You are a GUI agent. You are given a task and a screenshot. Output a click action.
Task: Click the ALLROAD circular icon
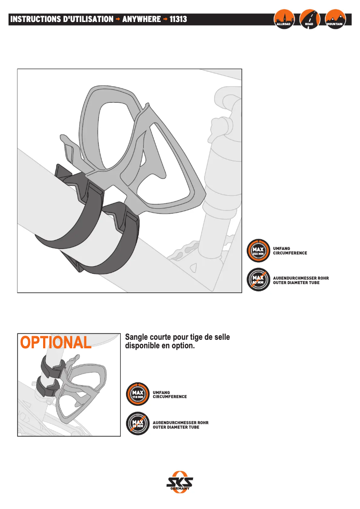[284, 19]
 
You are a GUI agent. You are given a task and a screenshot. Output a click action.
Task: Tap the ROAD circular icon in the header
[309, 19]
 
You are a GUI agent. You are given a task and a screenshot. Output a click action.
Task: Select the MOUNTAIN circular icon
[335, 19]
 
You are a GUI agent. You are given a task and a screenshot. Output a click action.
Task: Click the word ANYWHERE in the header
[141, 19]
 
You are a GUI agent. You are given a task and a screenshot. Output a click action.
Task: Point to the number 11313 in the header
[178, 19]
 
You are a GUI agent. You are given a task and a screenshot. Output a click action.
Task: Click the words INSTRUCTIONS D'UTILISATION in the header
[61, 19]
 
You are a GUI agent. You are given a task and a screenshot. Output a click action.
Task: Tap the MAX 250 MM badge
[258, 251]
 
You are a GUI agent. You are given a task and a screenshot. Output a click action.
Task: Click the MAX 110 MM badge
[137, 395]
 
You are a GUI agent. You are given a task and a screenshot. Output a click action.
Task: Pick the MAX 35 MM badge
[137, 423]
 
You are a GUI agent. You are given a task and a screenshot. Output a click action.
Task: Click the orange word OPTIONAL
[56, 342]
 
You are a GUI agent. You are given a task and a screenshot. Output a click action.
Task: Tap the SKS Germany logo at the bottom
[180, 483]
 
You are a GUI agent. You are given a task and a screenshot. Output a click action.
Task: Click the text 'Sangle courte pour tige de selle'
[177, 337]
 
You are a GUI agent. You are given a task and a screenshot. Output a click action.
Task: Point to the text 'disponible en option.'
[159, 347]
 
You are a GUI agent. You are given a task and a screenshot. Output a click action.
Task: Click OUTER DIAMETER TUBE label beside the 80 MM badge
[296, 283]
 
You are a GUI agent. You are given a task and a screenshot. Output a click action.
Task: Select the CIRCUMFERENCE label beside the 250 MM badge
[290, 253]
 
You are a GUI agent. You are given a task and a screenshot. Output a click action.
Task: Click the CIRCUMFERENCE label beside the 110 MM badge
[170, 397]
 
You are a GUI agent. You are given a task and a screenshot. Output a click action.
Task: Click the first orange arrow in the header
[118, 19]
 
